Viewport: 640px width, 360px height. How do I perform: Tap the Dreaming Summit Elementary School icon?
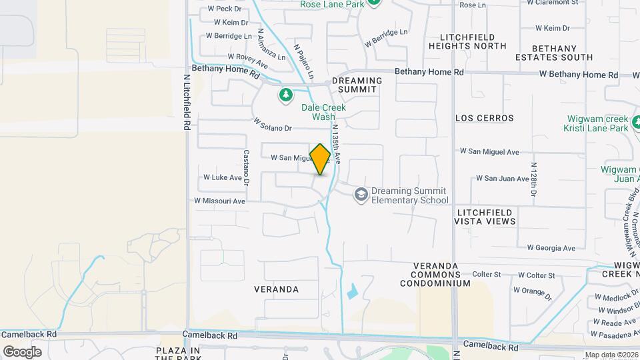[x=361, y=194]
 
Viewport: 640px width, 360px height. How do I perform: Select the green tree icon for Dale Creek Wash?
[x=286, y=95]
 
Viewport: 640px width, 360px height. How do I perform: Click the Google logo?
[x=22, y=351]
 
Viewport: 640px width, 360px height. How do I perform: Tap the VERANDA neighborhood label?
[x=277, y=290]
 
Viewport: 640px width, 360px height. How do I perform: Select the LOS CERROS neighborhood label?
[x=485, y=118]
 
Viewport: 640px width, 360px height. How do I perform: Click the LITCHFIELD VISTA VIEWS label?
[x=486, y=216]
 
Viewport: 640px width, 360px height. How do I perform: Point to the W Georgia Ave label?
[x=551, y=248]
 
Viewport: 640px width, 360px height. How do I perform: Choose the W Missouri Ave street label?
[x=219, y=201]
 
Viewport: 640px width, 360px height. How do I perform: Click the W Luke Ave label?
[x=222, y=178]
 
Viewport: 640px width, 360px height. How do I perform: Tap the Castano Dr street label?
[x=246, y=166]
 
